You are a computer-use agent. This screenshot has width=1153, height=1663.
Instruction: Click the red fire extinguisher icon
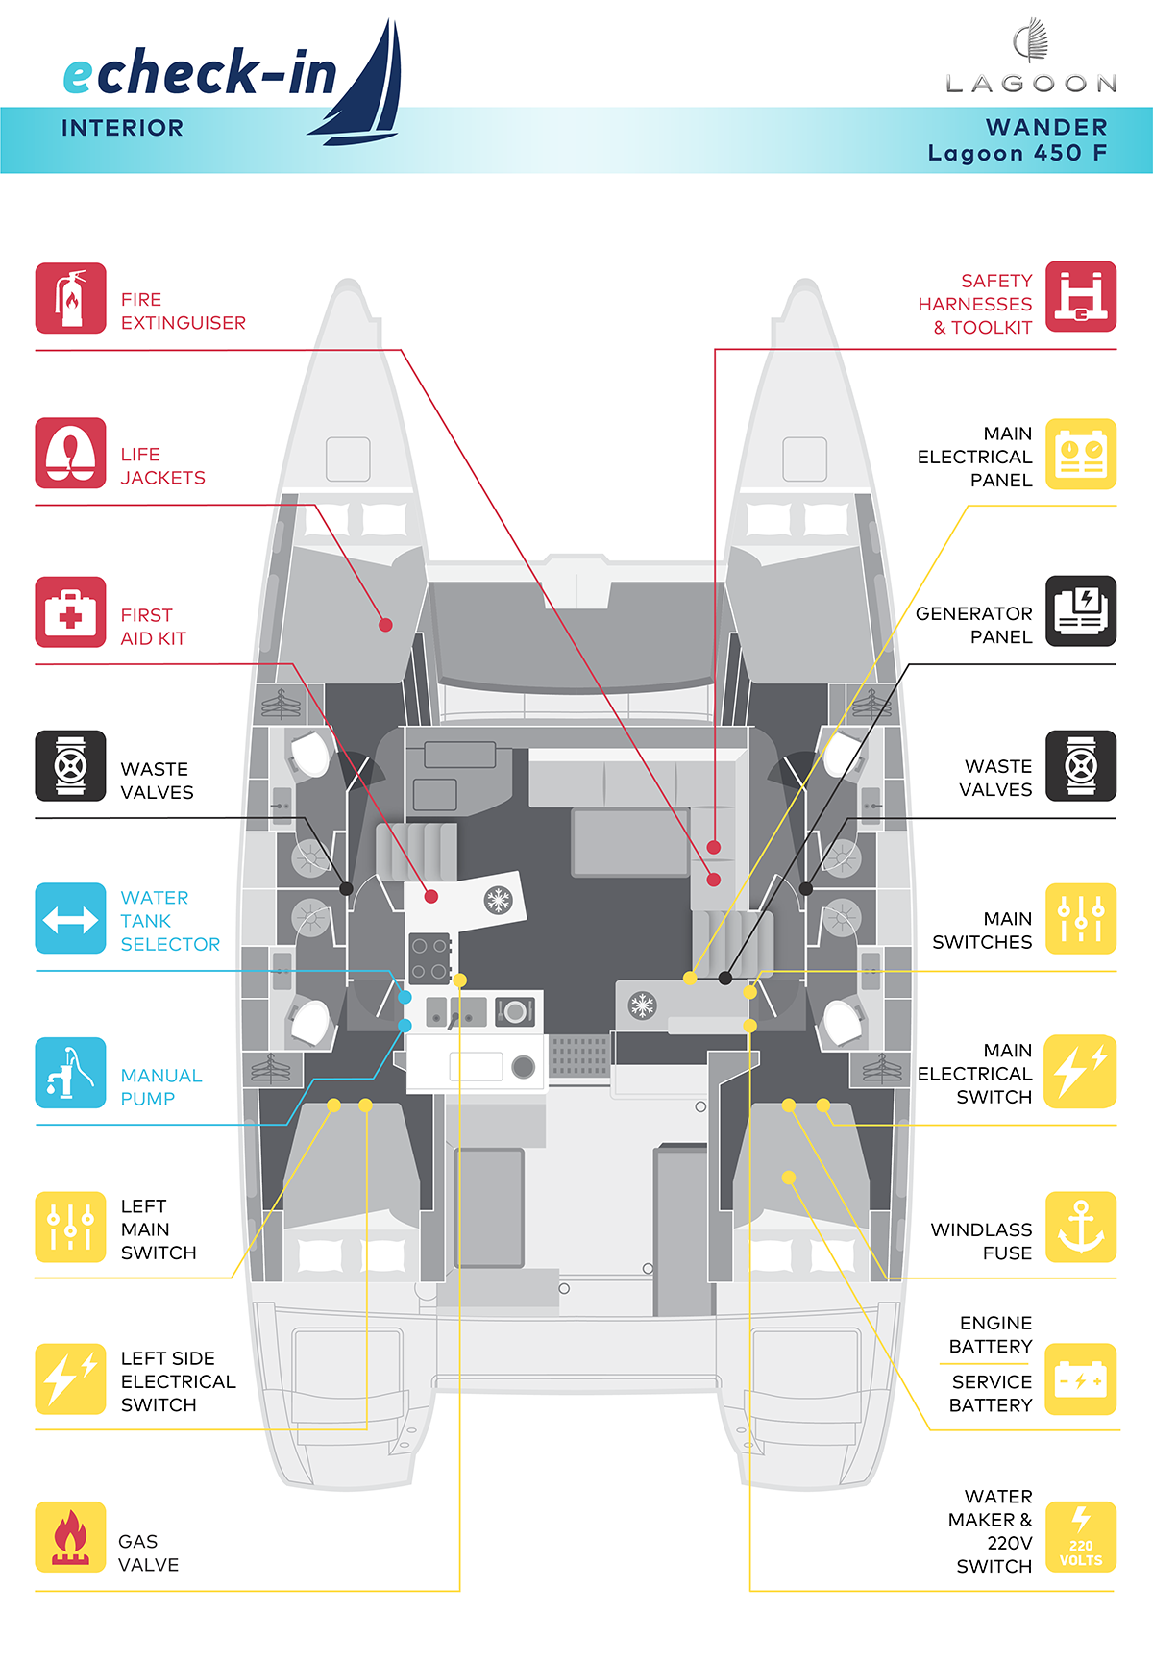coord(70,298)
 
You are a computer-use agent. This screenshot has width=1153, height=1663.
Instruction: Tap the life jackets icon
coord(70,453)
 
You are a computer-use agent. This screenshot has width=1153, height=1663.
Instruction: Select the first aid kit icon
coord(70,612)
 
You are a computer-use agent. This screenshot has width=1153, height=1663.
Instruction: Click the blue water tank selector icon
coord(70,919)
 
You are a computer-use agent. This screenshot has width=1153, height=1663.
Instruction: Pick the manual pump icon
coord(70,1073)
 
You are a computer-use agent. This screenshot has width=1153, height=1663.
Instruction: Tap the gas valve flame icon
coord(70,1537)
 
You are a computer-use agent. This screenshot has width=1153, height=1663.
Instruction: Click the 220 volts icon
coord(1081,1537)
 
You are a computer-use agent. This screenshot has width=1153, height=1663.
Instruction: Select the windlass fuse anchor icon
coord(1081,1228)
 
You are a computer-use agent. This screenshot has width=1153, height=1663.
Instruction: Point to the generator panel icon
coord(1081,611)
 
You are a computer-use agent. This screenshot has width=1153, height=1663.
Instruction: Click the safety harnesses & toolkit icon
coord(1081,296)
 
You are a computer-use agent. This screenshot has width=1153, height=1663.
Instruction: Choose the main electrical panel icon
coord(1081,454)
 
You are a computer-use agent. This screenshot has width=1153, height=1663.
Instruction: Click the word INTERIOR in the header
coord(122,128)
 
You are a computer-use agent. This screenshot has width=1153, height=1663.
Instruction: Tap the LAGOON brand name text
coord(1032,85)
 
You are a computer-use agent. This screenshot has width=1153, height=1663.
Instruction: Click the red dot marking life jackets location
coord(385,625)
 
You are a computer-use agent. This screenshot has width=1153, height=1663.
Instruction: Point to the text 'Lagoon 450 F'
coord(1018,153)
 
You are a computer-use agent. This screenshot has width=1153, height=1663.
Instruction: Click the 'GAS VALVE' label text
coord(149,1552)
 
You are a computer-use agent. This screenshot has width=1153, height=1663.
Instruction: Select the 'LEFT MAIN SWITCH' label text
coord(159,1229)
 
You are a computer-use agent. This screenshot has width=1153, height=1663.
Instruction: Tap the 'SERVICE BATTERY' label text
coord(991,1393)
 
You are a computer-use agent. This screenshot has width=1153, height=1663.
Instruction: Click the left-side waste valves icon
coord(70,766)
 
